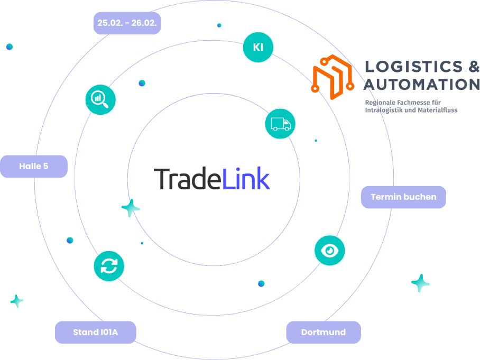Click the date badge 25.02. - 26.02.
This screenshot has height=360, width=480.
(127, 23)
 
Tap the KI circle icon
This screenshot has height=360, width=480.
(258, 47)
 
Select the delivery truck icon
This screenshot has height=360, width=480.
(280, 124)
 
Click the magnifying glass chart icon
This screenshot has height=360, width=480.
(100, 99)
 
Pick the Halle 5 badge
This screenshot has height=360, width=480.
(34, 166)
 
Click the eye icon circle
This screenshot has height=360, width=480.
(329, 250)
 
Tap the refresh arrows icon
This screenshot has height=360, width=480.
(109, 265)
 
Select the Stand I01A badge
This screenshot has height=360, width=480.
(95, 333)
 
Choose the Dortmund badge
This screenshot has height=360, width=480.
(324, 333)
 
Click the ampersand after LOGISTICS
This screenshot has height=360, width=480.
(473, 67)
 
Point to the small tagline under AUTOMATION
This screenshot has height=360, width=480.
(411, 106)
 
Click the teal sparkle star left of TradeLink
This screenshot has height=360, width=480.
(131, 208)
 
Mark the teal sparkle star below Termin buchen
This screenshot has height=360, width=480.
(420, 283)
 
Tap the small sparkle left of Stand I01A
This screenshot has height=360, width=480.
(17, 301)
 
